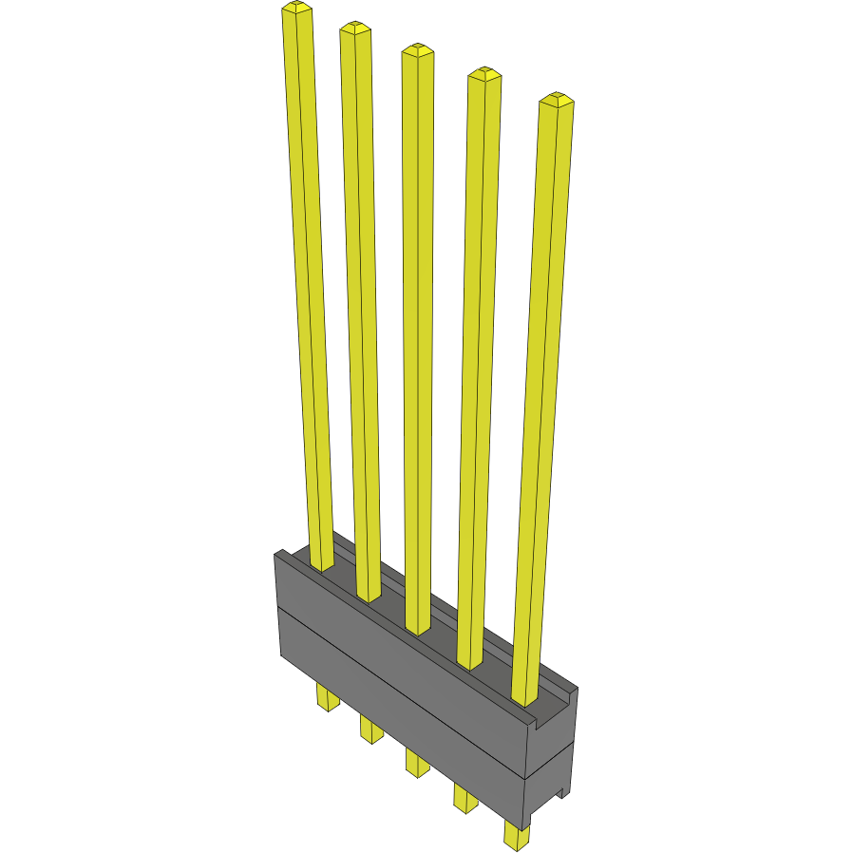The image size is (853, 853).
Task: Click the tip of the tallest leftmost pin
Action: pos(296,9)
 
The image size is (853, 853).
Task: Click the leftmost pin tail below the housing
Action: pos(328,699)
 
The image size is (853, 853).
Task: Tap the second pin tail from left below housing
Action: pos(371,730)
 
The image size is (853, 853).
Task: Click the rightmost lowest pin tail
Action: pos(517,837)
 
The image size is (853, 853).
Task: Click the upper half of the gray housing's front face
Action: pos(399,655)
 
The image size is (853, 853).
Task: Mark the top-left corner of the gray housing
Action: pos(276,553)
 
